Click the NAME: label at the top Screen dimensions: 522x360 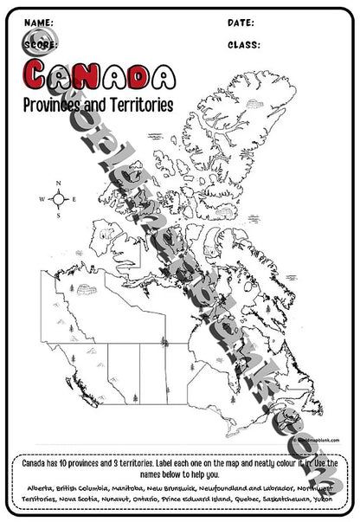pyautogui.click(x=39, y=22)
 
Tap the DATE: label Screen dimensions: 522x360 pyautogui.click(x=241, y=22)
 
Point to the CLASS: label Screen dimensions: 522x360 pyautogui.click(x=244, y=42)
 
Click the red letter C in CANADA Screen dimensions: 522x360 pyautogui.click(x=40, y=77)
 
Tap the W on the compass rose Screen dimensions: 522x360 pyautogui.click(x=42, y=200)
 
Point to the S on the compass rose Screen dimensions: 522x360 pyautogui.click(x=59, y=216)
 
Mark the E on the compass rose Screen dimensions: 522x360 pyautogui.click(x=74, y=200)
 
